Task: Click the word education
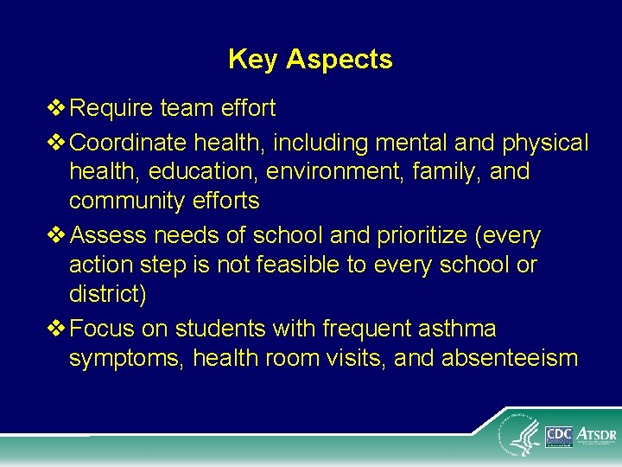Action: [203, 172]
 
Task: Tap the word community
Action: [127, 202]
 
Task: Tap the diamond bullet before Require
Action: [58, 109]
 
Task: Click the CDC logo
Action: [559, 434]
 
